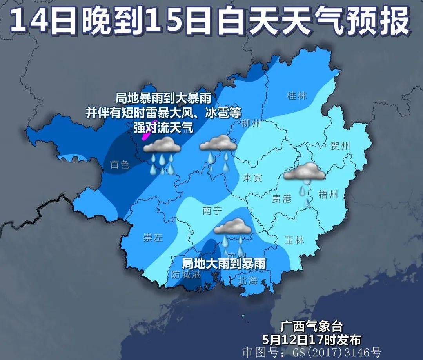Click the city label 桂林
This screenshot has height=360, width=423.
point(298,95)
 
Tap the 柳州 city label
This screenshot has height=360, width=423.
point(251,124)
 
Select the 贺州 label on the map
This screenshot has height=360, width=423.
point(340,147)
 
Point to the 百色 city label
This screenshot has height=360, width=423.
point(120,164)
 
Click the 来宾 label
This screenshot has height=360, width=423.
point(252,178)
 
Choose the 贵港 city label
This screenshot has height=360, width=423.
point(282,198)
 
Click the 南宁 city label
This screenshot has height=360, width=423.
point(213,211)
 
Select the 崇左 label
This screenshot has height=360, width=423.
point(153,238)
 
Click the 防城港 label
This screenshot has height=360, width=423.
point(186,275)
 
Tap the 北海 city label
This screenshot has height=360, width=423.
point(247,280)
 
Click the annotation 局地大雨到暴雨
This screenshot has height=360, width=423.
point(224,263)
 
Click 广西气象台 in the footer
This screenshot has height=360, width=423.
point(312,326)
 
